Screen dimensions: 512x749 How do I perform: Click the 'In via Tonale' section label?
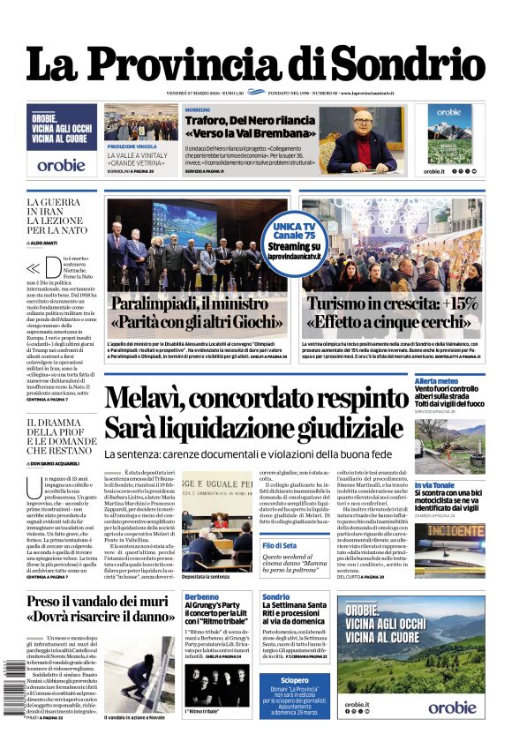pos(434,485)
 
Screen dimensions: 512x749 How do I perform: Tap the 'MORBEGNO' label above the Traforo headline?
pos(198,109)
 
